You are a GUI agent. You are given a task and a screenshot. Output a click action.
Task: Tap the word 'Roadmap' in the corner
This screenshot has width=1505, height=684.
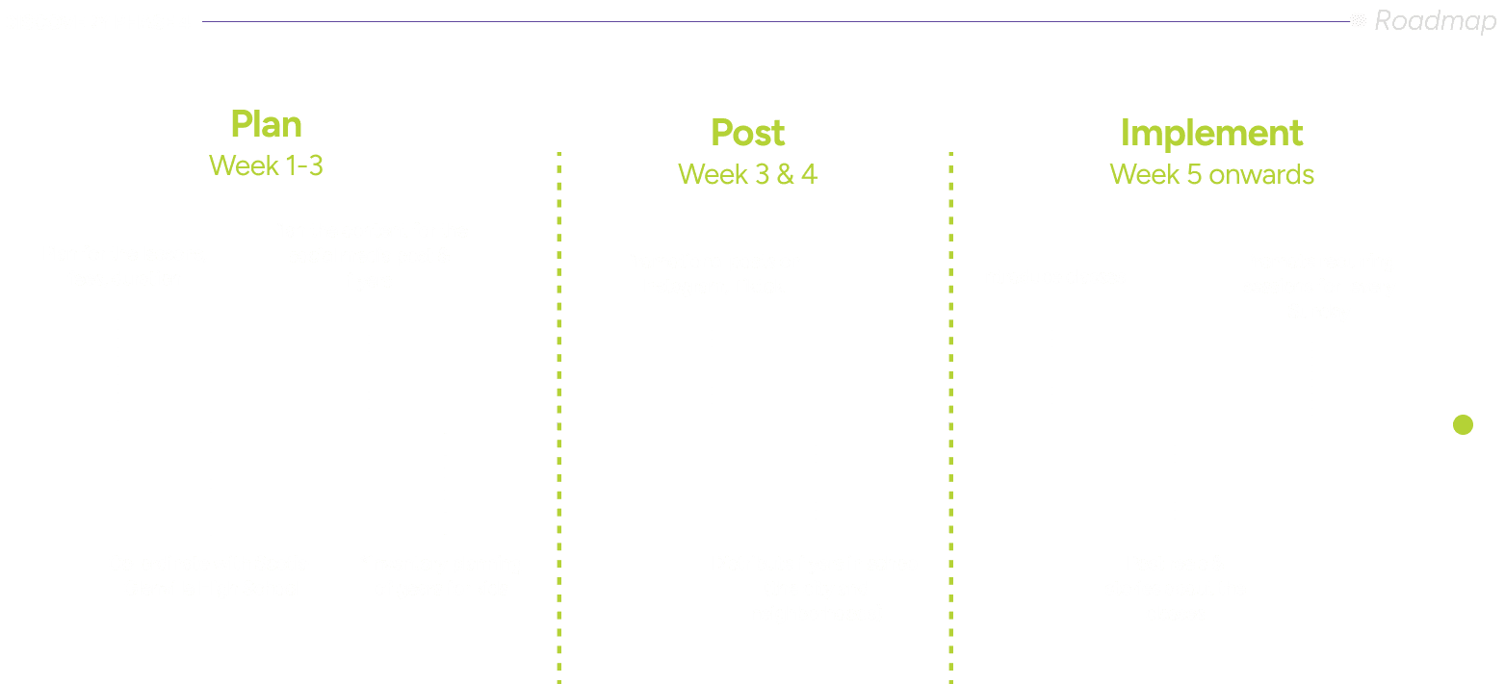(x=1435, y=20)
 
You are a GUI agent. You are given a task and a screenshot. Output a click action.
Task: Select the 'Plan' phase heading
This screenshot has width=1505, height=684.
(x=266, y=125)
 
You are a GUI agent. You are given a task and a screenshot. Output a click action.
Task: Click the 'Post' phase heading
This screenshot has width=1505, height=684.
(x=747, y=133)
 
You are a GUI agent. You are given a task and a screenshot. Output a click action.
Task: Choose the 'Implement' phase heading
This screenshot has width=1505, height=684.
(x=1211, y=133)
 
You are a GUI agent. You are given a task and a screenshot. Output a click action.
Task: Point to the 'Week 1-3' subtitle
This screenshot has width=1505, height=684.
(x=266, y=165)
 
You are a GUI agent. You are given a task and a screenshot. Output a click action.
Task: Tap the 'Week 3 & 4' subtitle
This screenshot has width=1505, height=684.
(x=747, y=174)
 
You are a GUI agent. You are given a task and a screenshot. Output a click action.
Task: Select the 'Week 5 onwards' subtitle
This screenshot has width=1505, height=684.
(x=1211, y=174)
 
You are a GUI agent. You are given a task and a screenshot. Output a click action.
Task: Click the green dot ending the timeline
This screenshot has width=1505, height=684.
(x=1463, y=424)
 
